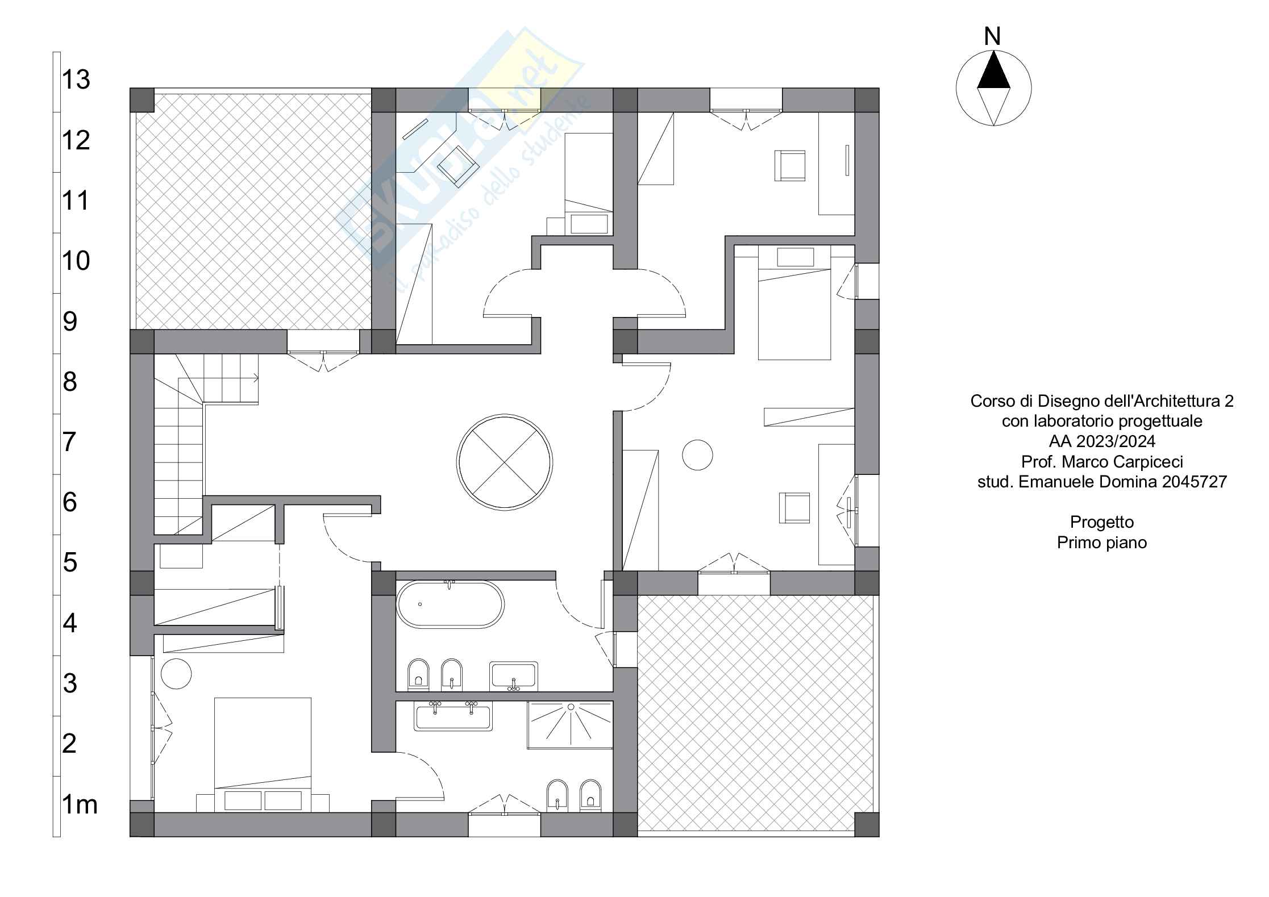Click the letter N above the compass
click(992, 37)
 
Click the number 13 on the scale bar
click(76, 80)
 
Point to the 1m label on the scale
click(80, 804)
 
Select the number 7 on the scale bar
click(69, 442)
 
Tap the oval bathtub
click(450, 604)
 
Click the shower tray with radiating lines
click(570, 725)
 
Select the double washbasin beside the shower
click(453, 716)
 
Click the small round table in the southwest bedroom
click(176, 674)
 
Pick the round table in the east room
click(697, 454)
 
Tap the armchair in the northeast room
click(790, 165)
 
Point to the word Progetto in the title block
click(1102, 523)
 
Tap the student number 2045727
click(1195, 482)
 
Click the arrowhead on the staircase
click(256, 377)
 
